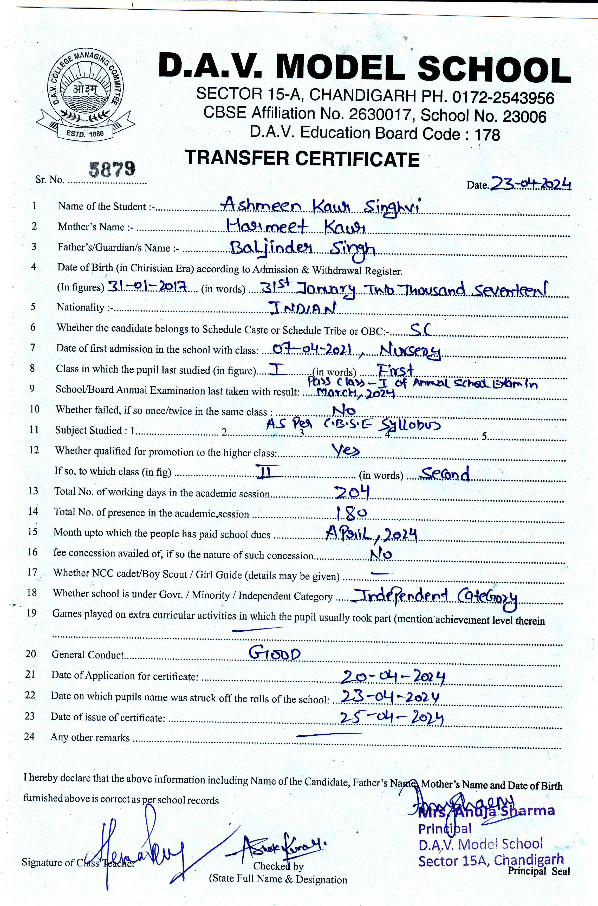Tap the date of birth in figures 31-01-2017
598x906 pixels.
click(x=147, y=286)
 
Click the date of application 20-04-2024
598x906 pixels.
click(x=392, y=677)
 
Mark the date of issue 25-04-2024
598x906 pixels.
click(x=391, y=718)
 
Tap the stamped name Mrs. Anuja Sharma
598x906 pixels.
click(x=486, y=812)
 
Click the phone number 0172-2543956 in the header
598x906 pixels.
click(x=503, y=98)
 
